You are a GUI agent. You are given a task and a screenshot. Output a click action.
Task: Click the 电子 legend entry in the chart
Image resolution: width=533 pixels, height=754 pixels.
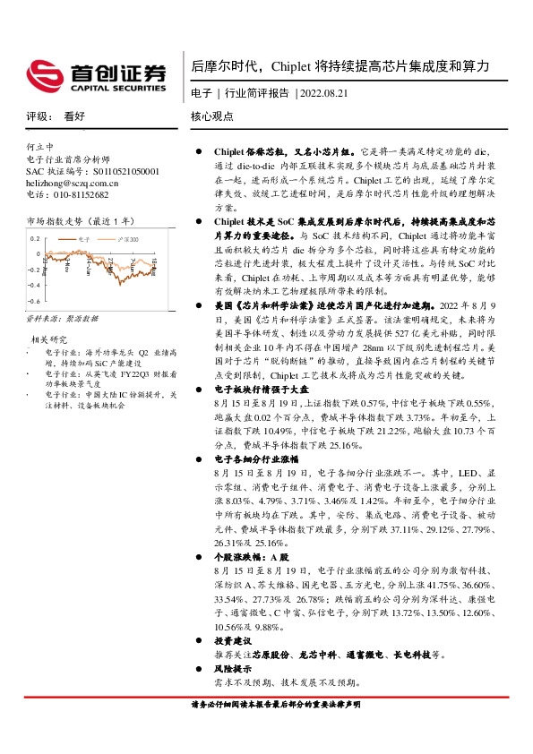click(84, 240)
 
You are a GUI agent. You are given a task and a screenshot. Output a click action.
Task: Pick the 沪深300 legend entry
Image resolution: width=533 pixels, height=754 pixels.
click(129, 240)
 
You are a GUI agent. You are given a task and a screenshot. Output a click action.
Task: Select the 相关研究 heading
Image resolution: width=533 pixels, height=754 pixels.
click(50, 339)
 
